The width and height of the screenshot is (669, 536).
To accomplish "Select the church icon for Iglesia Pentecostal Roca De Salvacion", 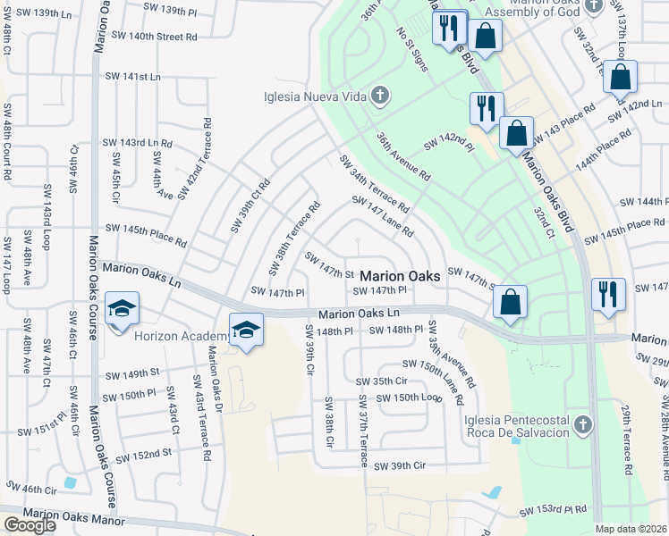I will pos(584,423).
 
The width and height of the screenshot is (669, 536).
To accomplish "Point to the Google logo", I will pos(30,525).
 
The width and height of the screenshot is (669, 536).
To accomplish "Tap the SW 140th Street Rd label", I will pos(155,38).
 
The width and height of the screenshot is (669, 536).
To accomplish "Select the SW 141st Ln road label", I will pos(131,78).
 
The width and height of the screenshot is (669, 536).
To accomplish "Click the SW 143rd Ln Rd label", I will pos(136,143).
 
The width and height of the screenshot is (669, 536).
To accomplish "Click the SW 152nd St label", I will pos(143,454).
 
